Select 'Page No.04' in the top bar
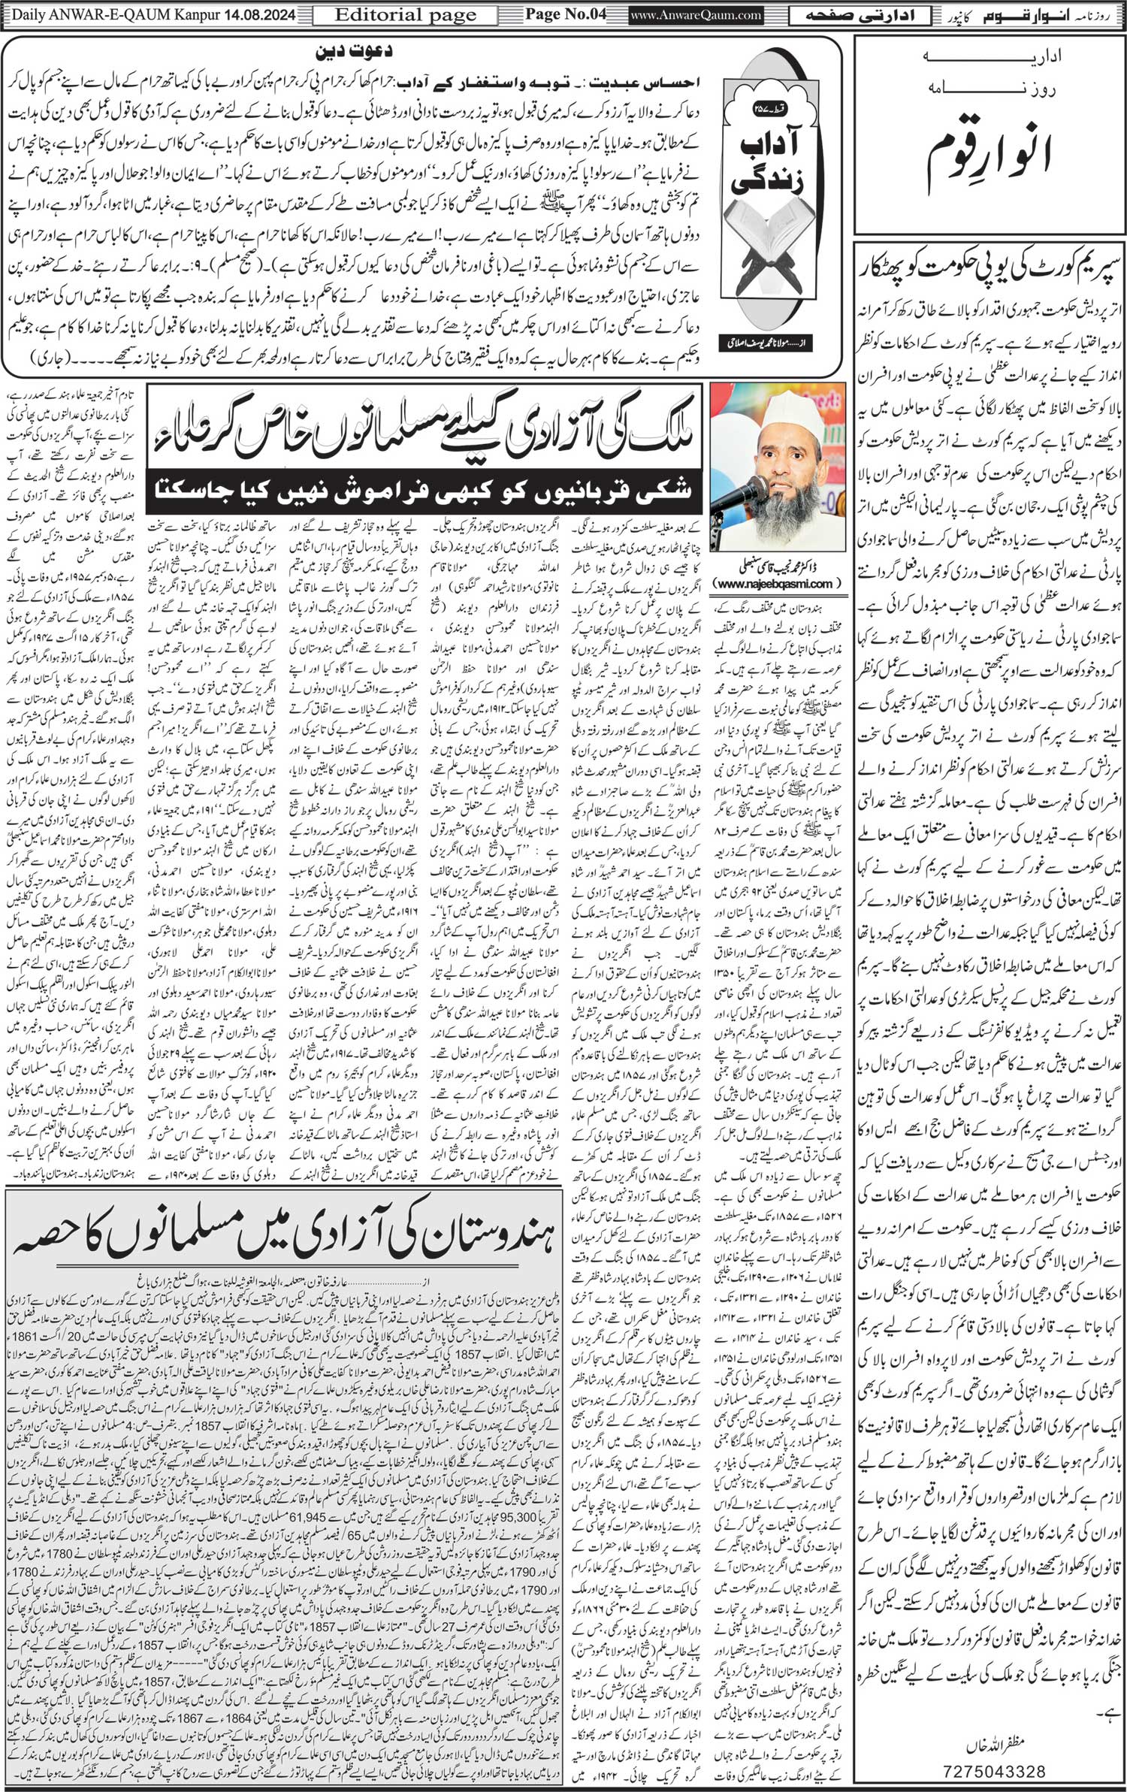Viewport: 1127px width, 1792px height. point(564,14)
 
